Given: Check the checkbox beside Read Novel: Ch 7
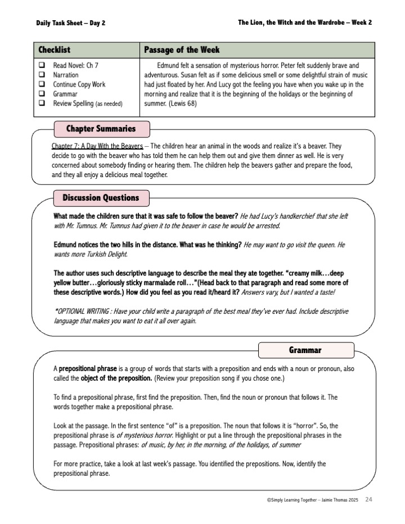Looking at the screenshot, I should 42,65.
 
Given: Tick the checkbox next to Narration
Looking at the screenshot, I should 42,75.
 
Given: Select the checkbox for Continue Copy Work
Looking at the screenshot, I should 42,84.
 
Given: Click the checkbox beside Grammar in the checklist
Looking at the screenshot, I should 42,94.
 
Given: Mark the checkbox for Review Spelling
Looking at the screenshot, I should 42,103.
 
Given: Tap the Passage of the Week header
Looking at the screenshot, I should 182,50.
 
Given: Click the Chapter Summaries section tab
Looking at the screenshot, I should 101,129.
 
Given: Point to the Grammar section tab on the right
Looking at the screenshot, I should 305,350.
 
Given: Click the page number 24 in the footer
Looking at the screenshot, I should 369,499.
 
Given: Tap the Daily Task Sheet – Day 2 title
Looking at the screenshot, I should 70,23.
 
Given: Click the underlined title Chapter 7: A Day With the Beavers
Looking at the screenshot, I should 97,146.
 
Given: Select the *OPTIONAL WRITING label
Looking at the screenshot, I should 79,311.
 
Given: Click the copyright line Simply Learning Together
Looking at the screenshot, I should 313,500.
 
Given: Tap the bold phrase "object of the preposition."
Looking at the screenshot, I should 116,378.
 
